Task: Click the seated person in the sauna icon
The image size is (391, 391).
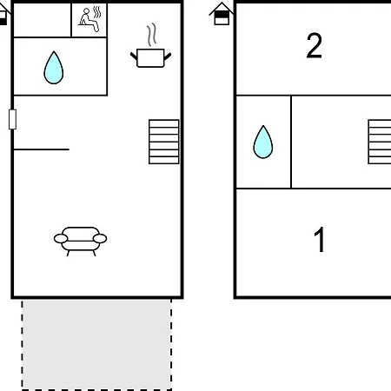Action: click(88, 21)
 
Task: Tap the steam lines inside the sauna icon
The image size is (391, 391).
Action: click(97, 12)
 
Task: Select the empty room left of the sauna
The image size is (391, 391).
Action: click(43, 20)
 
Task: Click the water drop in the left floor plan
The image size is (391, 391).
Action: click(54, 68)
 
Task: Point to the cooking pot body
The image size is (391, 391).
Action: click(150, 58)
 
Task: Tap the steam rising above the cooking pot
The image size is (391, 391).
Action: click(151, 35)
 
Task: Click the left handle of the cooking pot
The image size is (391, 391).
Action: click(134, 56)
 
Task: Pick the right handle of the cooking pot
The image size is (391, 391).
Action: click(168, 56)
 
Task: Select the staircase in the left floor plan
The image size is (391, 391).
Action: click(164, 142)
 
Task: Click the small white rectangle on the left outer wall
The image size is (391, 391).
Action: click(12, 119)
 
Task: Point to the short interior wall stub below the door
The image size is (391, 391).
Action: click(42, 149)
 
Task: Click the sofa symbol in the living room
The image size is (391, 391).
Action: click(80, 241)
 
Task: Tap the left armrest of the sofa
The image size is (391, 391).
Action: click(61, 239)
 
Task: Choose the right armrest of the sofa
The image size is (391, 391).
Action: click(100, 239)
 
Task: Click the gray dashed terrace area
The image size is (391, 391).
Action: click(96, 345)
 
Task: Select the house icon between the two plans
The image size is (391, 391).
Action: click(222, 14)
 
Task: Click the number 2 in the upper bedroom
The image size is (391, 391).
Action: click(315, 45)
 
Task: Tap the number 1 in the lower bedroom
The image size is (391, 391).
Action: click(320, 239)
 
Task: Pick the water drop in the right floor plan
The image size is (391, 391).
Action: click(263, 142)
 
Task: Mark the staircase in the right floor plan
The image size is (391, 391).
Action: click(380, 142)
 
